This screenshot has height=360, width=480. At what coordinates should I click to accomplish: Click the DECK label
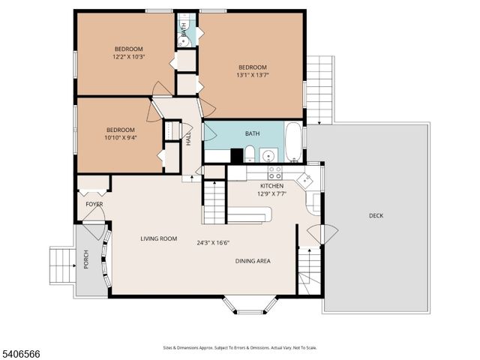click(376, 216)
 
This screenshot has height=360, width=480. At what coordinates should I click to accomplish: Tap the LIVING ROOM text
click(158, 238)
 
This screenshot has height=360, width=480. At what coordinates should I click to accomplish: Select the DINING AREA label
click(253, 261)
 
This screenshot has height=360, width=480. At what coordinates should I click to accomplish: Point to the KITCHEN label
click(271, 185)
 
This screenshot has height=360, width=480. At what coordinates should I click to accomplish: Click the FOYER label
click(94, 204)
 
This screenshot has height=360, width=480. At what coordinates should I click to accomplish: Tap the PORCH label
click(86, 259)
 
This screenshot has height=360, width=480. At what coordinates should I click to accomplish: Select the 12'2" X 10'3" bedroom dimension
click(127, 56)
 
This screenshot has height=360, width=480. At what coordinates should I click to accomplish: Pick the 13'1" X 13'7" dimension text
click(253, 74)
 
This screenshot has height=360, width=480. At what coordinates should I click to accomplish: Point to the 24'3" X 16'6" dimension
click(213, 242)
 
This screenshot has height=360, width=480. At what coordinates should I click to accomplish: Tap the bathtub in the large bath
click(293, 143)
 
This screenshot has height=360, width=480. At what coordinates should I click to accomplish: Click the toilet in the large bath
click(249, 155)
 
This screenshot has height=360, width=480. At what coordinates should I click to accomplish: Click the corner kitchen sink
click(305, 180)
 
